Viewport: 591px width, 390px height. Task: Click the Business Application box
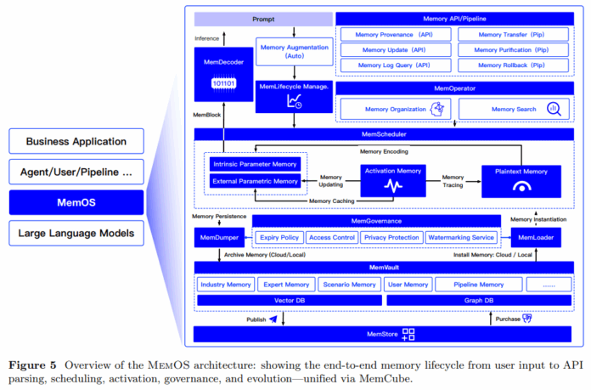[x=76, y=141]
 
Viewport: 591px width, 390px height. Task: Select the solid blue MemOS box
[x=76, y=202]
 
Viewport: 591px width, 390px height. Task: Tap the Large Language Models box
[x=76, y=233]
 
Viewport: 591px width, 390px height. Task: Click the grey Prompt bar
[x=263, y=20]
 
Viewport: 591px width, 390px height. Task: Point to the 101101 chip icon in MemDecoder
[x=223, y=83]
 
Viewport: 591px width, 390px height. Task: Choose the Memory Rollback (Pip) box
[x=513, y=65]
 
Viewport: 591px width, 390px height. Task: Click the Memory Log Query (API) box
[x=396, y=65]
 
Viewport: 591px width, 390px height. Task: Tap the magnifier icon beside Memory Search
[x=554, y=109]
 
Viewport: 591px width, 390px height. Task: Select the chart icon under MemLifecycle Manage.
[x=295, y=101]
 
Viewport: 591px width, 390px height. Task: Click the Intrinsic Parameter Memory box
[x=256, y=164]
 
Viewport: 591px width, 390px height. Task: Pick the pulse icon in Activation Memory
[x=393, y=185]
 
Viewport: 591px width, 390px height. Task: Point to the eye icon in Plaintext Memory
[x=521, y=186]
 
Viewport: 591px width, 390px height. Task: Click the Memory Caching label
[x=332, y=201]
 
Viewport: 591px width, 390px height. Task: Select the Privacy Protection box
[x=391, y=238]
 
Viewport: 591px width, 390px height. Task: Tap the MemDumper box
[x=219, y=238]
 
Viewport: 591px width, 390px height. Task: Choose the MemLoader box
[x=536, y=238]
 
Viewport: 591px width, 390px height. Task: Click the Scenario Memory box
[x=349, y=285]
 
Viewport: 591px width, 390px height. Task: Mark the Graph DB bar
[x=479, y=300]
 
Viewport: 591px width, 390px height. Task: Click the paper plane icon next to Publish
[x=273, y=319]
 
